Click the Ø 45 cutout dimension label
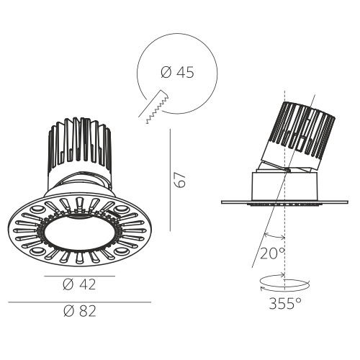click(x=177, y=73)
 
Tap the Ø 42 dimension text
click(x=79, y=284)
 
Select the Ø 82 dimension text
click(x=80, y=311)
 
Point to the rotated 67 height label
click(x=180, y=180)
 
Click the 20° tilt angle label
click(x=272, y=253)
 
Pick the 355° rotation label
click(x=285, y=304)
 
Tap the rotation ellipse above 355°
click(x=285, y=283)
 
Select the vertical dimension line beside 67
click(x=170, y=180)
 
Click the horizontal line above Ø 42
click(x=80, y=276)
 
